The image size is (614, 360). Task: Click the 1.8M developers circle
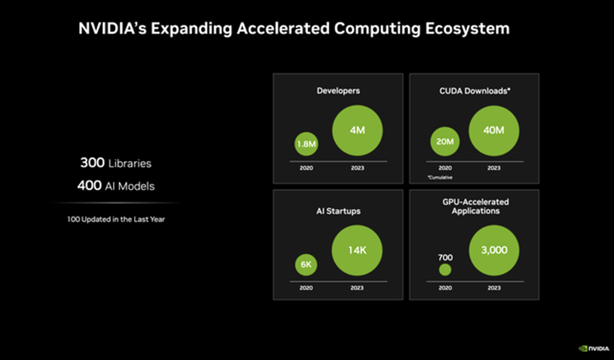coord(306,144)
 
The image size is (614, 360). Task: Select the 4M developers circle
coord(357,131)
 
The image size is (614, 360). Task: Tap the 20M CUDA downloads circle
coord(444,141)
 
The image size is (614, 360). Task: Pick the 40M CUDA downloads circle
coord(494,130)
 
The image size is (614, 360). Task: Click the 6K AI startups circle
coord(306,265)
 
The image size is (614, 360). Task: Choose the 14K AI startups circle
coord(357,250)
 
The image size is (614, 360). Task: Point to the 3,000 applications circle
coord(494,251)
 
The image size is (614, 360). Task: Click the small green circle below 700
coord(445,270)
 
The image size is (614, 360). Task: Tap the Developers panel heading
coord(337,90)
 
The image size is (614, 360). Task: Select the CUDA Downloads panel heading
coord(473,90)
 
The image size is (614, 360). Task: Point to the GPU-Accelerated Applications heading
coord(473,207)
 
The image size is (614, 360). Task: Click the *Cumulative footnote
coord(440,177)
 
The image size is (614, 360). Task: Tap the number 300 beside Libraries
coord(92,163)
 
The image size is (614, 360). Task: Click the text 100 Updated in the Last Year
coord(116,219)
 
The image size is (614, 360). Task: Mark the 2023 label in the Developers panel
coord(357,168)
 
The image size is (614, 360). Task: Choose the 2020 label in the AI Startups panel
coord(306,288)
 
